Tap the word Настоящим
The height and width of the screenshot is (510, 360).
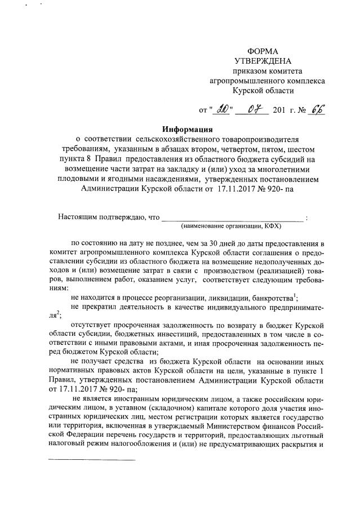click(x=78, y=217)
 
